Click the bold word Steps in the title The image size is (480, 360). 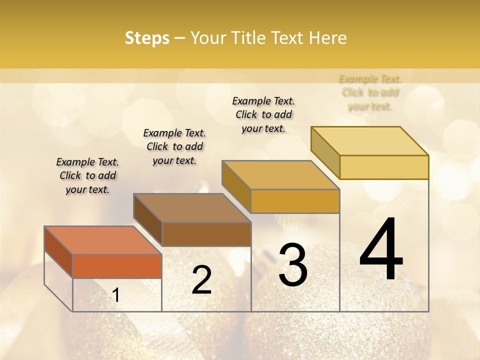(147, 38)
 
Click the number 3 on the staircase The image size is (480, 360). (293, 264)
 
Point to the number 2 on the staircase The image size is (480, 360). (201, 279)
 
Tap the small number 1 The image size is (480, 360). (116, 295)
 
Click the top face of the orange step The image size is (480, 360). (103, 240)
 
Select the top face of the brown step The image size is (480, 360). (192, 207)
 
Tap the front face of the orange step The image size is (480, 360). (117, 266)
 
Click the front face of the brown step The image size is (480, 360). (206, 234)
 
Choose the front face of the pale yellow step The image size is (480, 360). (384, 167)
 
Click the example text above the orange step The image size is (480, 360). (87, 175)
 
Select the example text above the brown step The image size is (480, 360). (174, 146)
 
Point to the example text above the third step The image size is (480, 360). (263, 114)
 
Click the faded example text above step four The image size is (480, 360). (370, 92)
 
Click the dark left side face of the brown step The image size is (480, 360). (148, 220)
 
